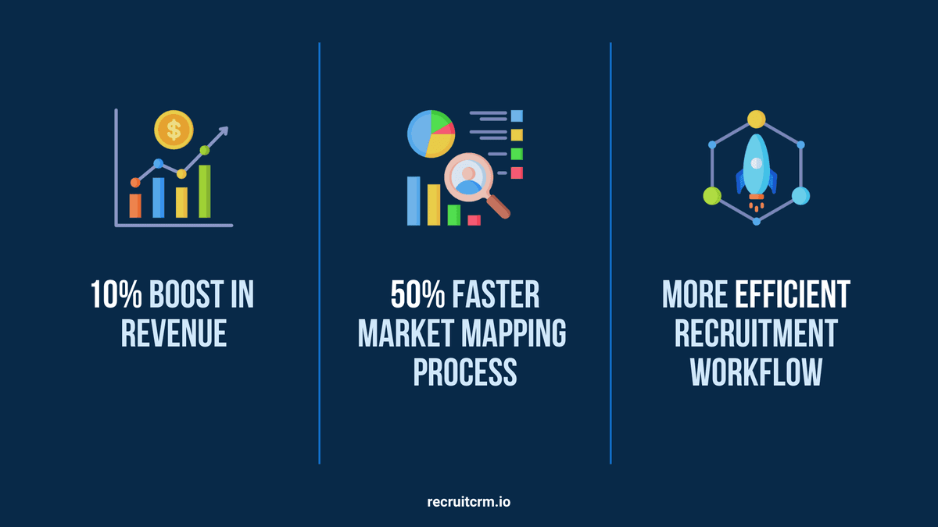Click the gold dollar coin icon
tap(174, 130)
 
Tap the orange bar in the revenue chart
tap(135, 205)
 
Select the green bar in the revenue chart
tap(204, 191)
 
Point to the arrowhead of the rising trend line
tap(224, 130)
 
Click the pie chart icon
tap(431, 134)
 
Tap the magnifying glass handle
tap(499, 207)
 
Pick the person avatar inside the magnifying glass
tap(468, 180)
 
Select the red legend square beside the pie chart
tap(517, 173)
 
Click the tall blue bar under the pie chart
tap(414, 201)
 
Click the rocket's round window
tap(757, 162)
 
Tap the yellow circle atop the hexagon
tap(757, 119)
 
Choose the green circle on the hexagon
tap(712, 196)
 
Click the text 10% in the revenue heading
tap(116, 295)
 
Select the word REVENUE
tap(174, 333)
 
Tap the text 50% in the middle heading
tap(417, 295)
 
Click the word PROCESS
tap(465, 372)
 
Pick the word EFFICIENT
tap(793, 295)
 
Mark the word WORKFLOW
tap(757, 372)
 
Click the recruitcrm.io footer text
tap(468, 502)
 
